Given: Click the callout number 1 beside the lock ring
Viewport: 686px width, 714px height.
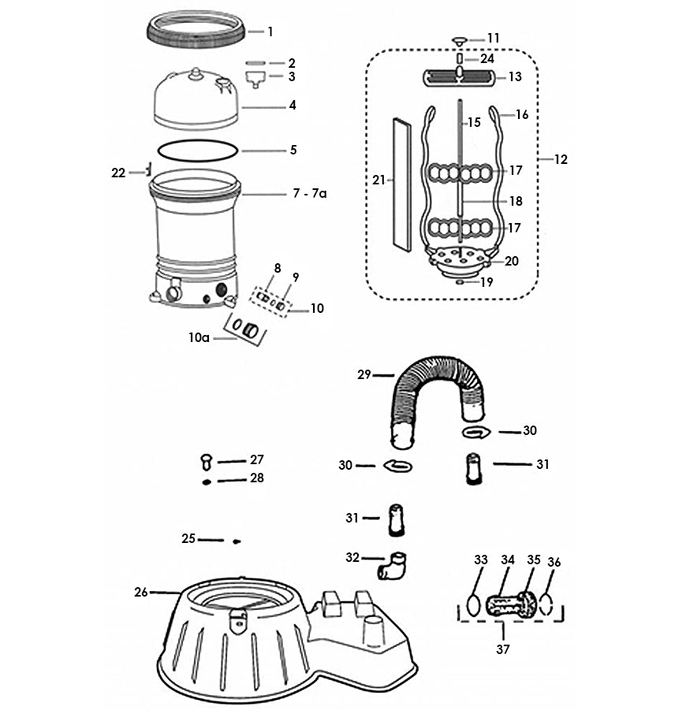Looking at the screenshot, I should point(270,32).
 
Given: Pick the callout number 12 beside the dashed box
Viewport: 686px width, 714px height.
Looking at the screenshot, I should point(560,159).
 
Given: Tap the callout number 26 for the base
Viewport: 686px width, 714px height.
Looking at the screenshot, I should point(141,592).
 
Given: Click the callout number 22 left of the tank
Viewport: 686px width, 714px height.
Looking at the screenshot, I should point(118,173).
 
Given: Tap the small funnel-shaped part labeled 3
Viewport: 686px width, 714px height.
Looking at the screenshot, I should point(252,78).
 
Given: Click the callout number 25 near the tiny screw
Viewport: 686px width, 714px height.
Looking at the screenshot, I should point(188,539).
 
